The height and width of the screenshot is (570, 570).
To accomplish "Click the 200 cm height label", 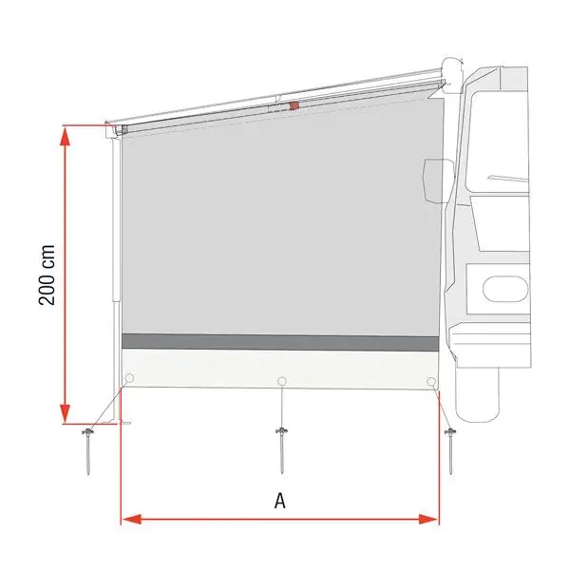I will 47,274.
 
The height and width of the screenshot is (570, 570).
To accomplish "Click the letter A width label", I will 280,502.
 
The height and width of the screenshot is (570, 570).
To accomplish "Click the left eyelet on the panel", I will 129,380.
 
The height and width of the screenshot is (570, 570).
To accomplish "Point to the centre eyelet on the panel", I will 281,382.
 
